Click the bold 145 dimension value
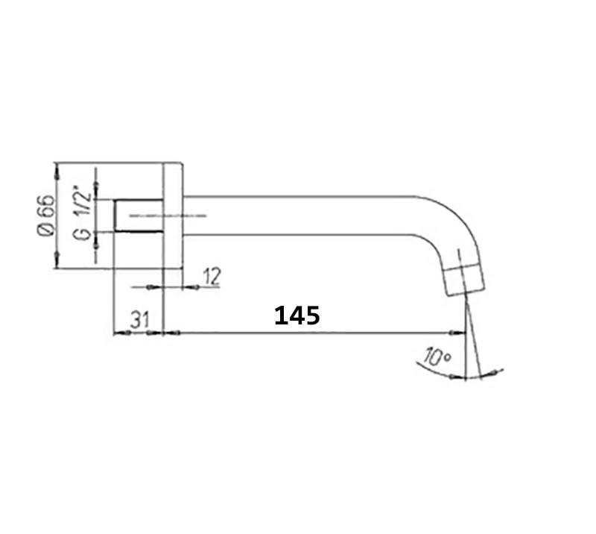point(297,315)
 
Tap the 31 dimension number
point(140,319)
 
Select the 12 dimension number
point(212,277)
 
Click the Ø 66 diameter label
point(46,215)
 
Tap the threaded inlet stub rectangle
point(139,216)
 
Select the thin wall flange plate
point(173,216)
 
